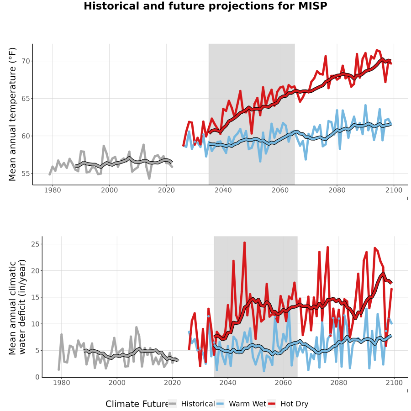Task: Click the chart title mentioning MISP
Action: click(205, 6)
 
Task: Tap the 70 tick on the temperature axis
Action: click(26, 61)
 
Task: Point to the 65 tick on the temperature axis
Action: click(26, 99)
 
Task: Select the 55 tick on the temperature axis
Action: click(26, 174)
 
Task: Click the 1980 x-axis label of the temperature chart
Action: click(53, 190)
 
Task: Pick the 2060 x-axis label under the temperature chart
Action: click(280, 190)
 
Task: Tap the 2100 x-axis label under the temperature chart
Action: click(394, 190)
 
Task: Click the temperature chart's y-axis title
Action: click(12, 114)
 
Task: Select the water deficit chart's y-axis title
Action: click(17, 307)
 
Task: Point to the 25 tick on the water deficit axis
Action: click(35, 244)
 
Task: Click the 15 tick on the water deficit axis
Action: click(35, 297)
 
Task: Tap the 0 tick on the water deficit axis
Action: click(37, 377)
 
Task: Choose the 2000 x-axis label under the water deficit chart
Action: click(117, 383)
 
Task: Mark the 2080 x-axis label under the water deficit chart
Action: click(339, 383)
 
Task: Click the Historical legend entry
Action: click(191, 404)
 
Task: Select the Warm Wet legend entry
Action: click(241, 404)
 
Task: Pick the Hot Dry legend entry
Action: click(288, 404)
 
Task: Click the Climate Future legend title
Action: click(137, 404)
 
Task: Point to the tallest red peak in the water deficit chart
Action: click(245, 243)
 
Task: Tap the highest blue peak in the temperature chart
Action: click(365, 105)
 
